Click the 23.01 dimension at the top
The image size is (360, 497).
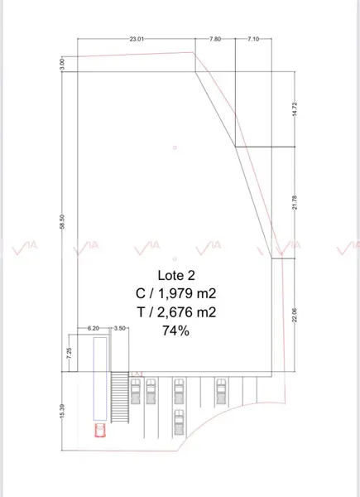click(137, 39)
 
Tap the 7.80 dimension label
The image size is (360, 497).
click(215, 39)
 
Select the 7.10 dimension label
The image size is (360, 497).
click(253, 39)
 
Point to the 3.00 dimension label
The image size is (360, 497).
click(62, 64)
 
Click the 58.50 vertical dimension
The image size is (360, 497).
click(62, 221)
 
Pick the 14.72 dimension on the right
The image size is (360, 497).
click(295, 109)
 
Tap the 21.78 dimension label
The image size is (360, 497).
click(295, 203)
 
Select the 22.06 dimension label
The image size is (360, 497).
click(295, 315)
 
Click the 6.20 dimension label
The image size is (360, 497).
click(94, 328)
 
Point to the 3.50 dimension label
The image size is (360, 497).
click(120, 328)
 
